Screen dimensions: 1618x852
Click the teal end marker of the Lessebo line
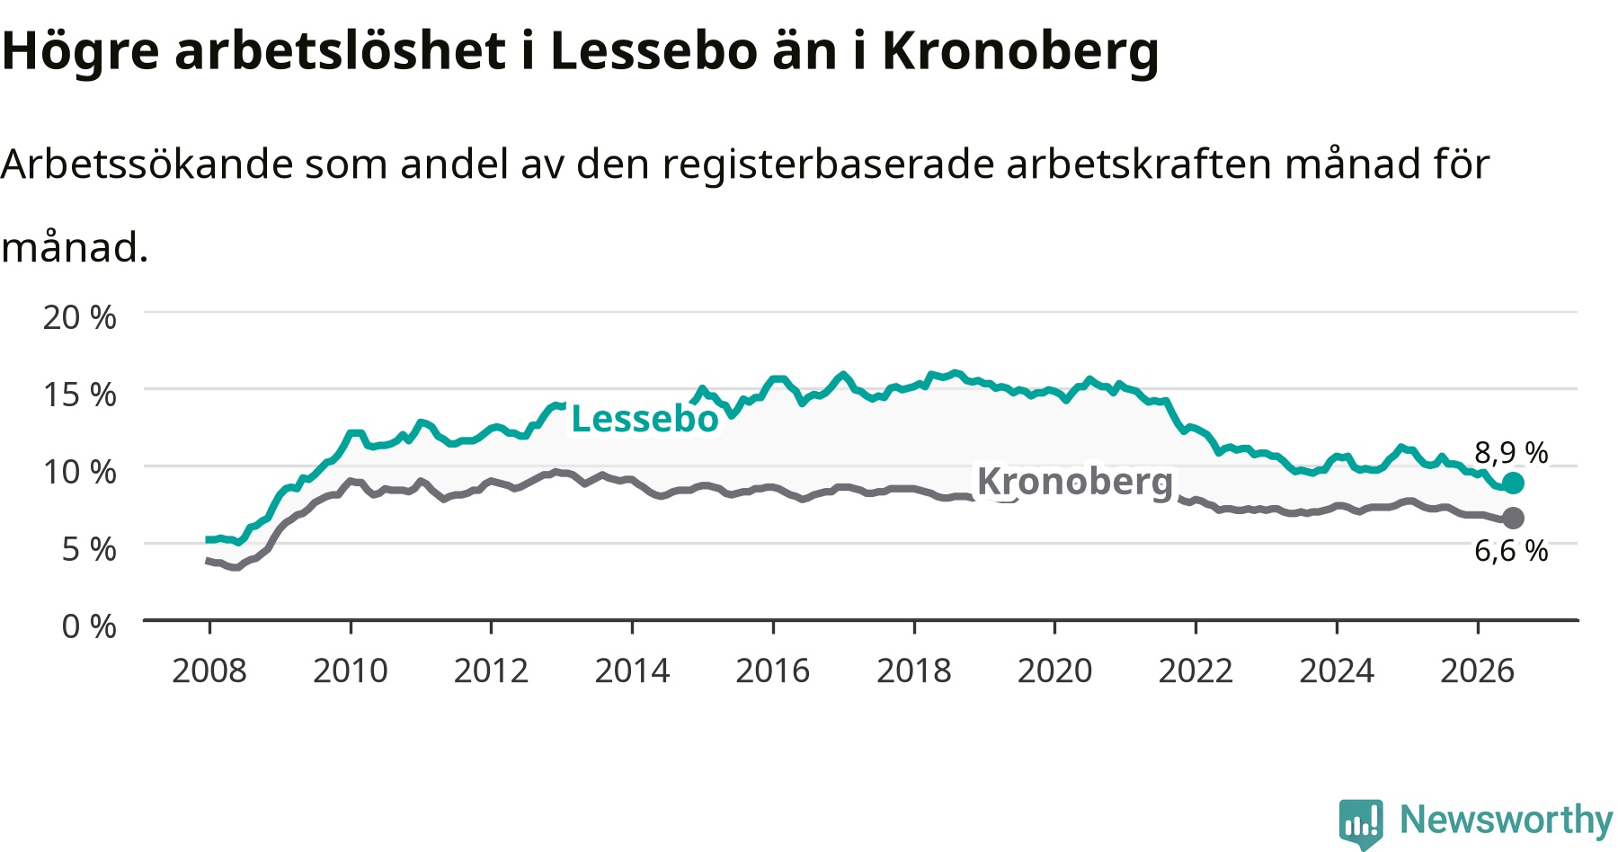pyautogui.click(x=1513, y=484)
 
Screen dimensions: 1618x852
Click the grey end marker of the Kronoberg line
pyautogui.click(x=1513, y=518)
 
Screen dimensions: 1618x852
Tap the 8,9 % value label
pyautogui.click(x=1511, y=452)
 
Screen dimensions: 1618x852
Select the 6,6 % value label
pyautogui.click(x=1511, y=550)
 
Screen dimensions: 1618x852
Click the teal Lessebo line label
pyautogui.click(x=645, y=419)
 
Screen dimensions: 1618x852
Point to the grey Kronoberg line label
pyautogui.click(x=1075, y=482)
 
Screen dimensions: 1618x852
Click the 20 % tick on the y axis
pyautogui.click(x=80, y=317)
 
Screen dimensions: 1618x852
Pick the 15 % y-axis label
pyautogui.click(x=80, y=395)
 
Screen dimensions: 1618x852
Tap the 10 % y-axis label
pyautogui.click(x=80, y=471)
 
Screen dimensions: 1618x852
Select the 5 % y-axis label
pyautogui.click(x=89, y=548)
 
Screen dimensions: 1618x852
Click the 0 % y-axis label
pyautogui.click(x=89, y=626)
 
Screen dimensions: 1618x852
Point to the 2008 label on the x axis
pyautogui.click(x=209, y=670)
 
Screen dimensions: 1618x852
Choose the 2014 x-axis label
pyautogui.click(x=632, y=670)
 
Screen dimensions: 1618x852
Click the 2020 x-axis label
pyautogui.click(x=1055, y=670)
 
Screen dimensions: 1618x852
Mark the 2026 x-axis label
pyautogui.click(x=1478, y=670)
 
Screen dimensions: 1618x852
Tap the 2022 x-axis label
pyautogui.click(x=1196, y=670)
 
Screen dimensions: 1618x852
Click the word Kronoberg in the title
pyautogui.click(x=1020, y=52)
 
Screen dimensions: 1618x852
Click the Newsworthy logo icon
pyautogui.click(x=1361, y=822)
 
